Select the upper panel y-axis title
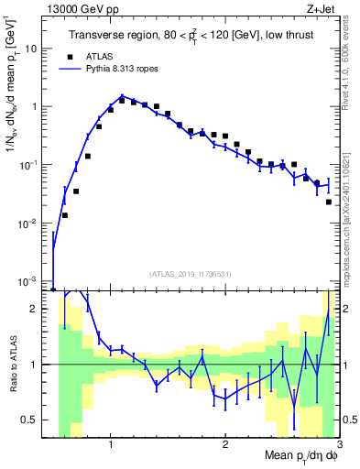13,92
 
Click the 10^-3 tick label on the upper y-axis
35,280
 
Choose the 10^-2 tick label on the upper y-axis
35,223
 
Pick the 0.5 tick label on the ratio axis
37,420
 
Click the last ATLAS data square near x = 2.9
329,202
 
